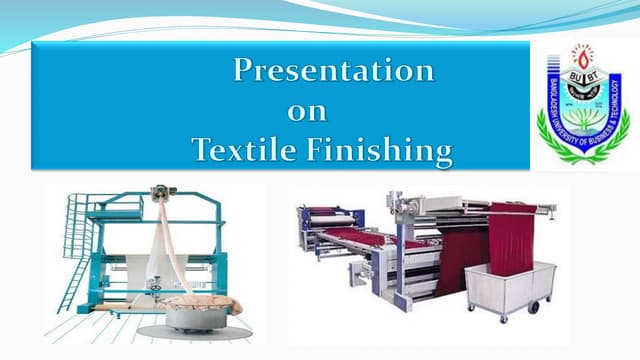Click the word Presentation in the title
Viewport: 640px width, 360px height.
[333, 72]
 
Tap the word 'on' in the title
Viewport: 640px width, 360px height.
[307, 112]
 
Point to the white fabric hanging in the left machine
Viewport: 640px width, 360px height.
[165, 250]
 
